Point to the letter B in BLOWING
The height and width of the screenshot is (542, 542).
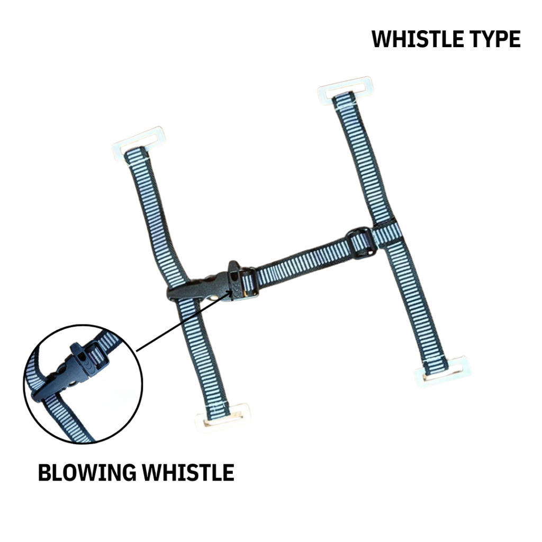[x=44, y=473]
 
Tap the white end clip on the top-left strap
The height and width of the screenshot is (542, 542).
[x=139, y=142]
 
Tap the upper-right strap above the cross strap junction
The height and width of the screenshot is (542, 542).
[x=365, y=159]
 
